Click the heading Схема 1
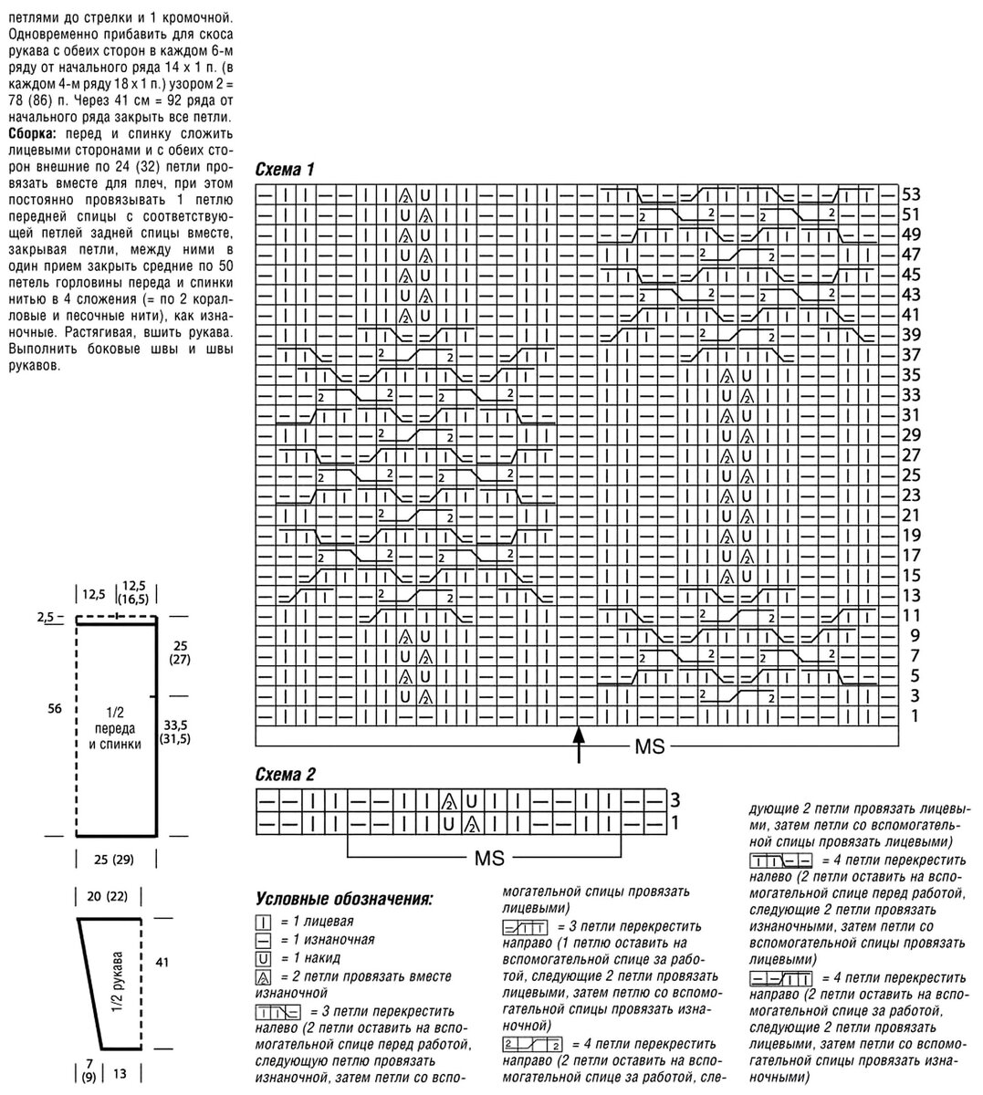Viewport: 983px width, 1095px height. [x=286, y=170]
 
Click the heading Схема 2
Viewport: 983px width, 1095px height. [x=286, y=775]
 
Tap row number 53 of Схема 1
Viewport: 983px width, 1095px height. [x=911, y=194]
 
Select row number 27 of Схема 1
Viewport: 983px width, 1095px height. [x=911, y=455]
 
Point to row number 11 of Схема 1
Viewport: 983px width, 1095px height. [x=911, y=616]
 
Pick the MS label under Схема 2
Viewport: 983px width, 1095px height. [x=490, y=859]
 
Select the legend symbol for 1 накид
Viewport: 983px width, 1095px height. [x=264, y=959]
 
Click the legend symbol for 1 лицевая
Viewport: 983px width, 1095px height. [x=264, y=923]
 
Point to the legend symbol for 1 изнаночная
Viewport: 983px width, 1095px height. [x=264, y=941]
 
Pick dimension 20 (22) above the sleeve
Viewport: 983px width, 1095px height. [x=108, y=897]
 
